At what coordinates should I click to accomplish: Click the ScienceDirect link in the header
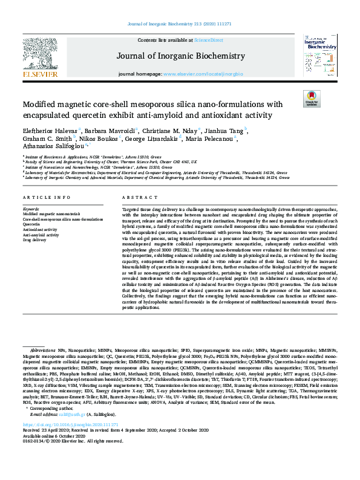click(x=208, y=39)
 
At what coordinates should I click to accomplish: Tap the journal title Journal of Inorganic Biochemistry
click(x=180, y=56)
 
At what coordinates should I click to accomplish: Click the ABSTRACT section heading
click(x=136, y=198)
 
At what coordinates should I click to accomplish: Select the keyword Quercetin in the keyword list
click(x=31, y=224)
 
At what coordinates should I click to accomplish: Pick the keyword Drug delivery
click(x=34, y=240)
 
